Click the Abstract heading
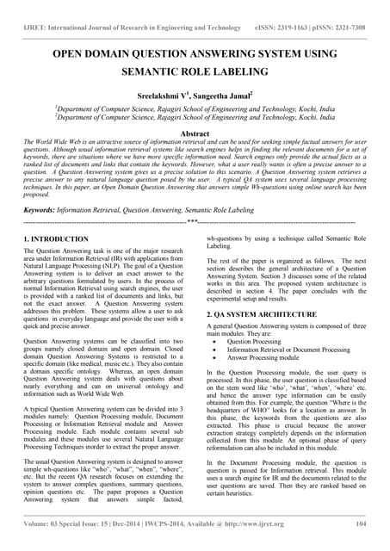click(x=195, y=134)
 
